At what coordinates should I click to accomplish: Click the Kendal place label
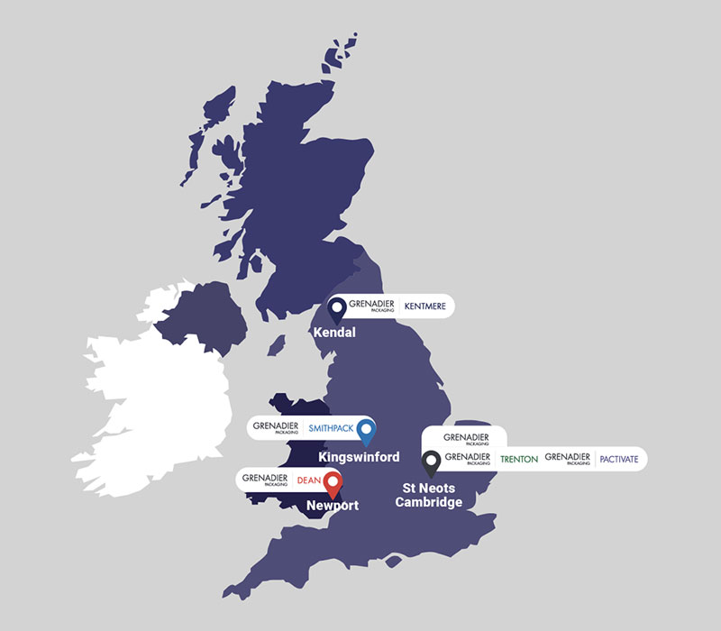pyautogui.click(x=334, y=333)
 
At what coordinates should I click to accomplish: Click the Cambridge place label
pyautogui.click(x=429, y=502)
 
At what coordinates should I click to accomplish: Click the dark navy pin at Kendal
pyautogui.click(x=338, y=310)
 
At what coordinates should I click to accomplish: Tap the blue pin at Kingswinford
pyautogui.click(x=365, y=431)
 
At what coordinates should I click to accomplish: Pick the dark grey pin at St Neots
pyautogui.click(x=432, y=462)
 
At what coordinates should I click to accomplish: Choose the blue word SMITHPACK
pyautogui.click(x=330, y=427)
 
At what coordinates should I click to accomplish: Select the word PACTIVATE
pyautogui.click(x=619, y=459)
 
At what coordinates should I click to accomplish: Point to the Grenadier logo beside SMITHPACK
pyautogui.click(x=276, y=427)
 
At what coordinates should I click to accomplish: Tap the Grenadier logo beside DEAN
pyautogui.click(x=265, y=479)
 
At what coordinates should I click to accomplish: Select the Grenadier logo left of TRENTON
pyautogui.click(x=467, y=459)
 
